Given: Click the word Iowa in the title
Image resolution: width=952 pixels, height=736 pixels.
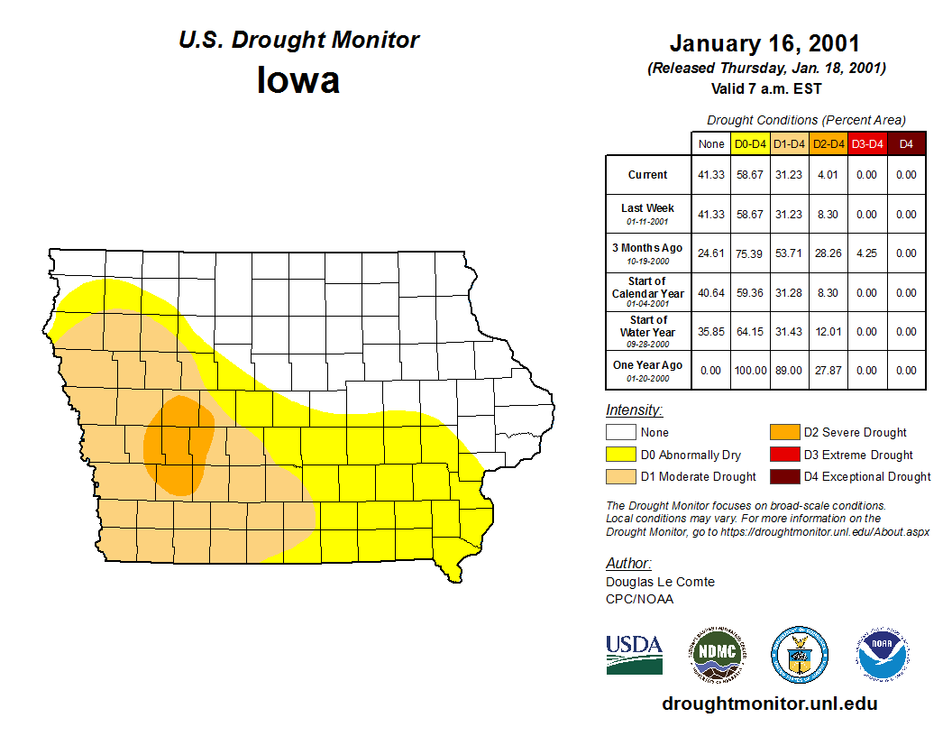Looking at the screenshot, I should (298, 80).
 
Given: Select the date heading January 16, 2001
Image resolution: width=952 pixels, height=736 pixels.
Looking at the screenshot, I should (764, 44).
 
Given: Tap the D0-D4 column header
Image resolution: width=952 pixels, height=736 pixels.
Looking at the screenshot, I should (750, 143).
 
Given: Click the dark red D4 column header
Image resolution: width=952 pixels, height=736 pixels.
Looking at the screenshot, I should (906, 143).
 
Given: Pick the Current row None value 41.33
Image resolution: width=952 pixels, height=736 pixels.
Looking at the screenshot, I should (711, 175).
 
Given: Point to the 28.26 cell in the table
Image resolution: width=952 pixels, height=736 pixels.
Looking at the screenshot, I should (828, 253).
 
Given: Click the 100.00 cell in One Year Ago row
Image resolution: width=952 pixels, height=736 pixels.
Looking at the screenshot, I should (750, 371).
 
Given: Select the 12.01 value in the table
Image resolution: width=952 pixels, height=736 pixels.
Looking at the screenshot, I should (828, 332).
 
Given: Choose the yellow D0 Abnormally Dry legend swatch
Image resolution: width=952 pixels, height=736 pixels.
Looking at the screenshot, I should (620, 455).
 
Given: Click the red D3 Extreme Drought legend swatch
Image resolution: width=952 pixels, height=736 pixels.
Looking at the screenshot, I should (783, 455).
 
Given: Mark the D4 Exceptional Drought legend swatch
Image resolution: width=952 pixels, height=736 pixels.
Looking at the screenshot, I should (783, 476).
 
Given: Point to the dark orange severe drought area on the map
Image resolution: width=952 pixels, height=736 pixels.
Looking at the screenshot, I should (178, 445).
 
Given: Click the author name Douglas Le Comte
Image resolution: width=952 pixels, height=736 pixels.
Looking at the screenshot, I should (660, 582).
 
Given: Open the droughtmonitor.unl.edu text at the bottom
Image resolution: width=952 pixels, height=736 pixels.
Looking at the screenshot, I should (769, 704).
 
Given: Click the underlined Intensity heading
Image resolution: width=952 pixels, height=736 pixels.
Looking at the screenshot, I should (634, 410).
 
